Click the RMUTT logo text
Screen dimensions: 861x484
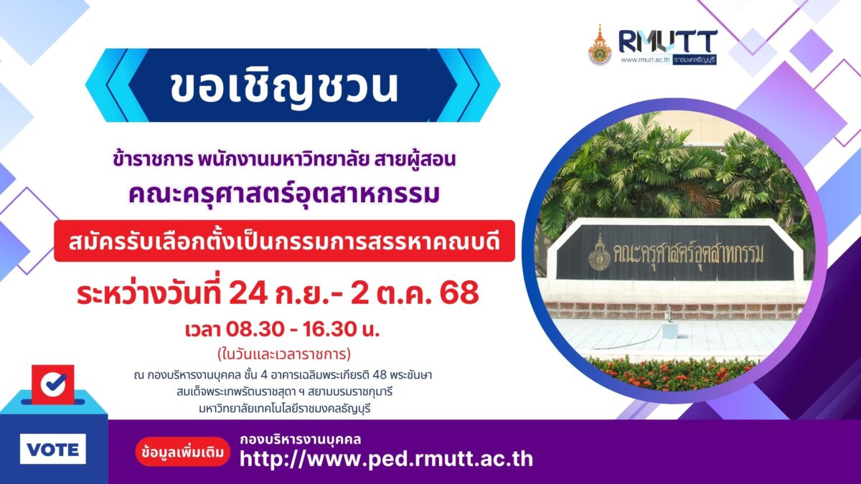[668, 42]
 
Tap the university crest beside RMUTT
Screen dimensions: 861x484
[600, 45]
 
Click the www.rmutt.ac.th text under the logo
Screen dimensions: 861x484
[645, 60]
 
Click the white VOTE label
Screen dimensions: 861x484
[53, 449]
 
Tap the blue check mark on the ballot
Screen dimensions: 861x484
[53, 384]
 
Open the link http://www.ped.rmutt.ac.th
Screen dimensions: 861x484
[386, 459]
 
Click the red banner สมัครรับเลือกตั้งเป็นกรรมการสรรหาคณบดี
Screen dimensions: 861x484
[284, 241]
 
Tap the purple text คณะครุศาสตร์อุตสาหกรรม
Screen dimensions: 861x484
[284, 195]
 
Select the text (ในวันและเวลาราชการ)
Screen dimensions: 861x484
[284, 353]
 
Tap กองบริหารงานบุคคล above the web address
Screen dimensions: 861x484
[300, 440]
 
